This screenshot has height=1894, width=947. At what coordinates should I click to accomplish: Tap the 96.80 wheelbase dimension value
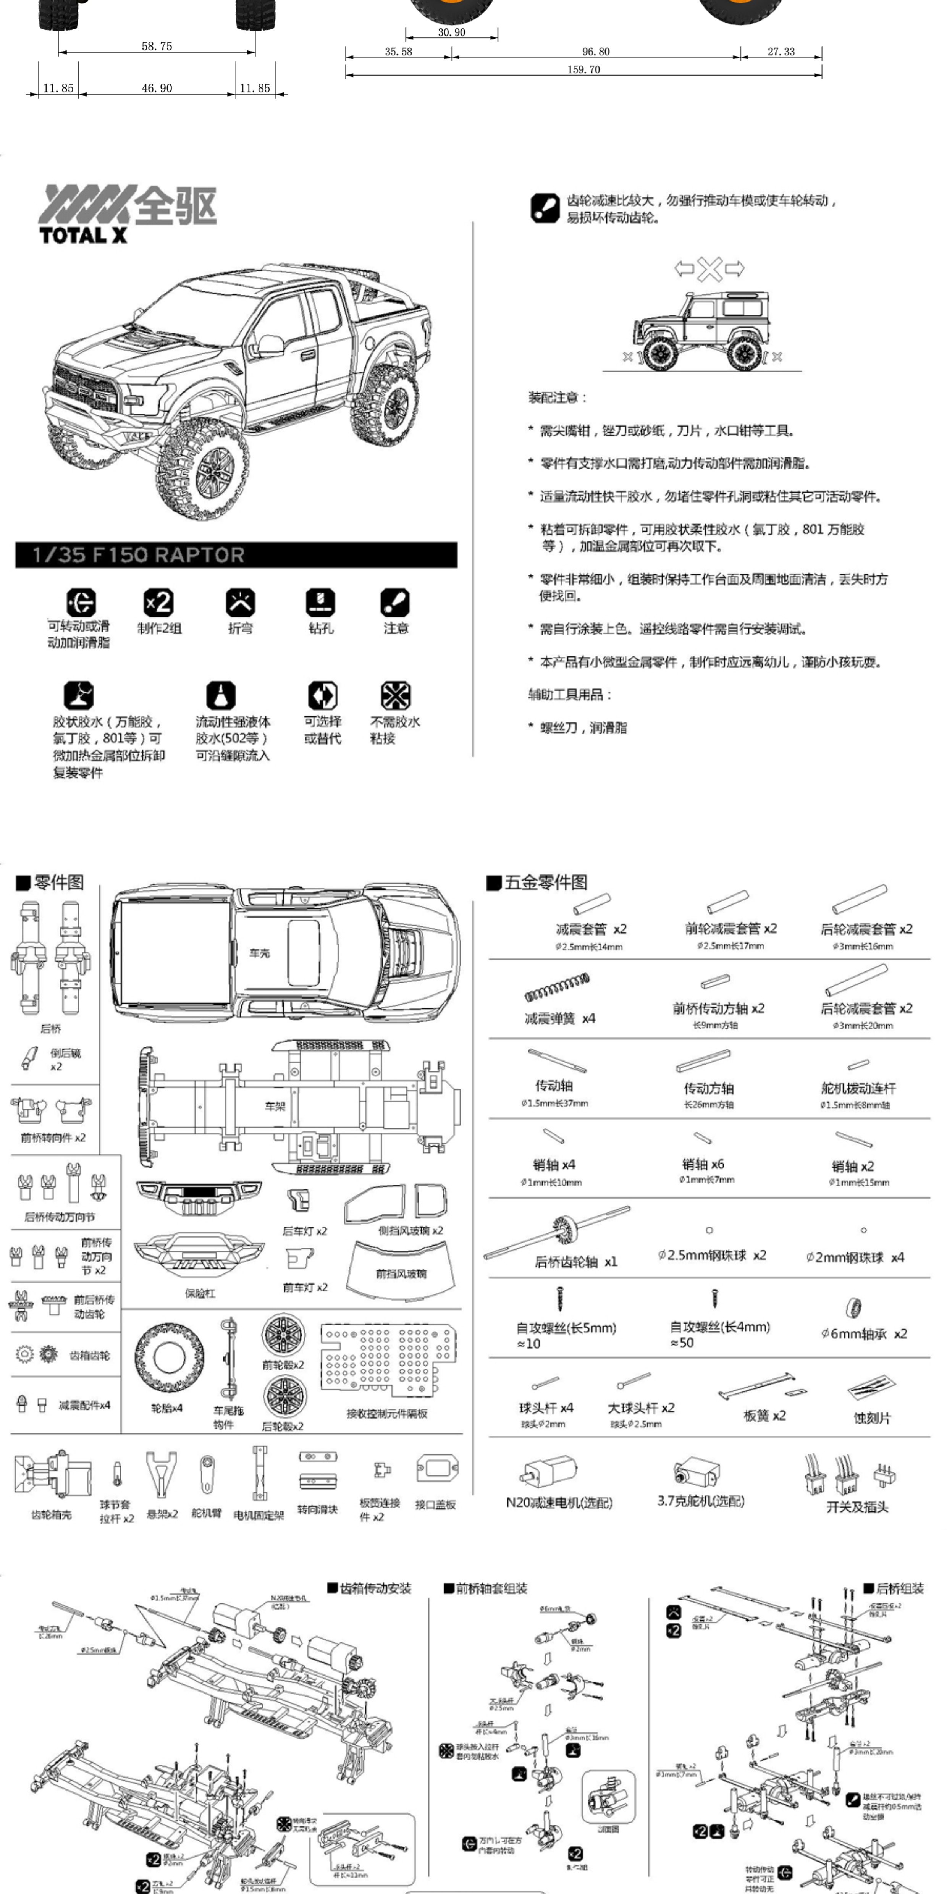tap(596, 52)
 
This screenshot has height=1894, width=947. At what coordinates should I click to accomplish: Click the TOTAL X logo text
tap(83, 235)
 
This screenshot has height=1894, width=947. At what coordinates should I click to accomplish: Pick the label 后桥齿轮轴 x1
tap(576, 1262)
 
